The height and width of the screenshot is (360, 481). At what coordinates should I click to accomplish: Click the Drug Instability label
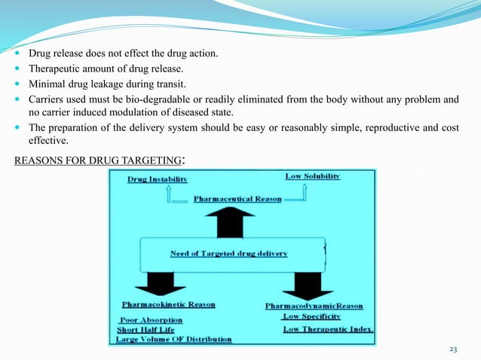pyautogui.click(x=158, y=180)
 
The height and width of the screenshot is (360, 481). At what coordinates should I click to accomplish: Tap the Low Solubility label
pyautogui.click(x=313, y=176)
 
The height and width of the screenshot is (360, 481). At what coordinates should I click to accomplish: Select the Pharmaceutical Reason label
pyautogui.click(x=237, y=199)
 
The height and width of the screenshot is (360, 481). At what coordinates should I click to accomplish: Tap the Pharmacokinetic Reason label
pyautogui.click(x=168, y=305)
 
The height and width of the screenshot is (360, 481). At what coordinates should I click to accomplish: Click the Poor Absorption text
pyautogui.click(x=151, y=319)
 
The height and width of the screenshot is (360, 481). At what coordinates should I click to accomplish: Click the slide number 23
pyautogui.click(x=453, y=349)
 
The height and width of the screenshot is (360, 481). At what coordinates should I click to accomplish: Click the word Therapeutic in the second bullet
pyautogui.click(x=55, y=69)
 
